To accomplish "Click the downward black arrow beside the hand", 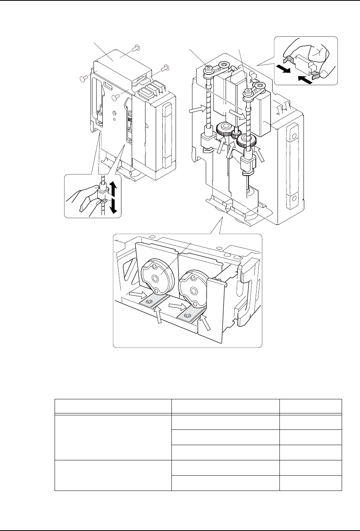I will (x=113, y=205).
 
